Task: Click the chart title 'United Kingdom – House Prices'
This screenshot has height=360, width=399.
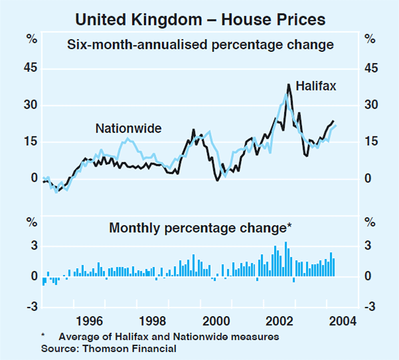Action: point(199,19)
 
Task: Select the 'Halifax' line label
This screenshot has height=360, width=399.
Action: point(316,87)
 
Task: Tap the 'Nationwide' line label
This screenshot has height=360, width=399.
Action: point(129,128)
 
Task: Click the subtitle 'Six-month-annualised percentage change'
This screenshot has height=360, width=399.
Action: point(199,46)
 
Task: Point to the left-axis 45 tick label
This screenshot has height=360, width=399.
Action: point(30,69)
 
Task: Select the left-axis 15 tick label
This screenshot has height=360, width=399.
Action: point(30,142)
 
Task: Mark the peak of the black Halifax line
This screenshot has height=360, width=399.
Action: point(289,84)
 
